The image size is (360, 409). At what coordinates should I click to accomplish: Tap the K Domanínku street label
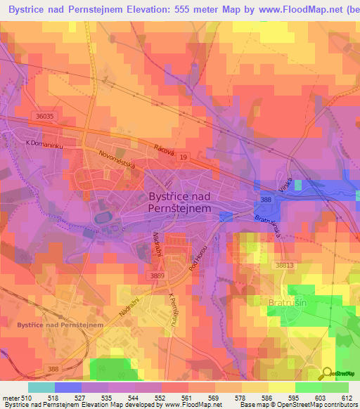click(44, 143)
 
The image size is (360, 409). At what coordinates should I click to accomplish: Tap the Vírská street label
click(284, 186)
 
